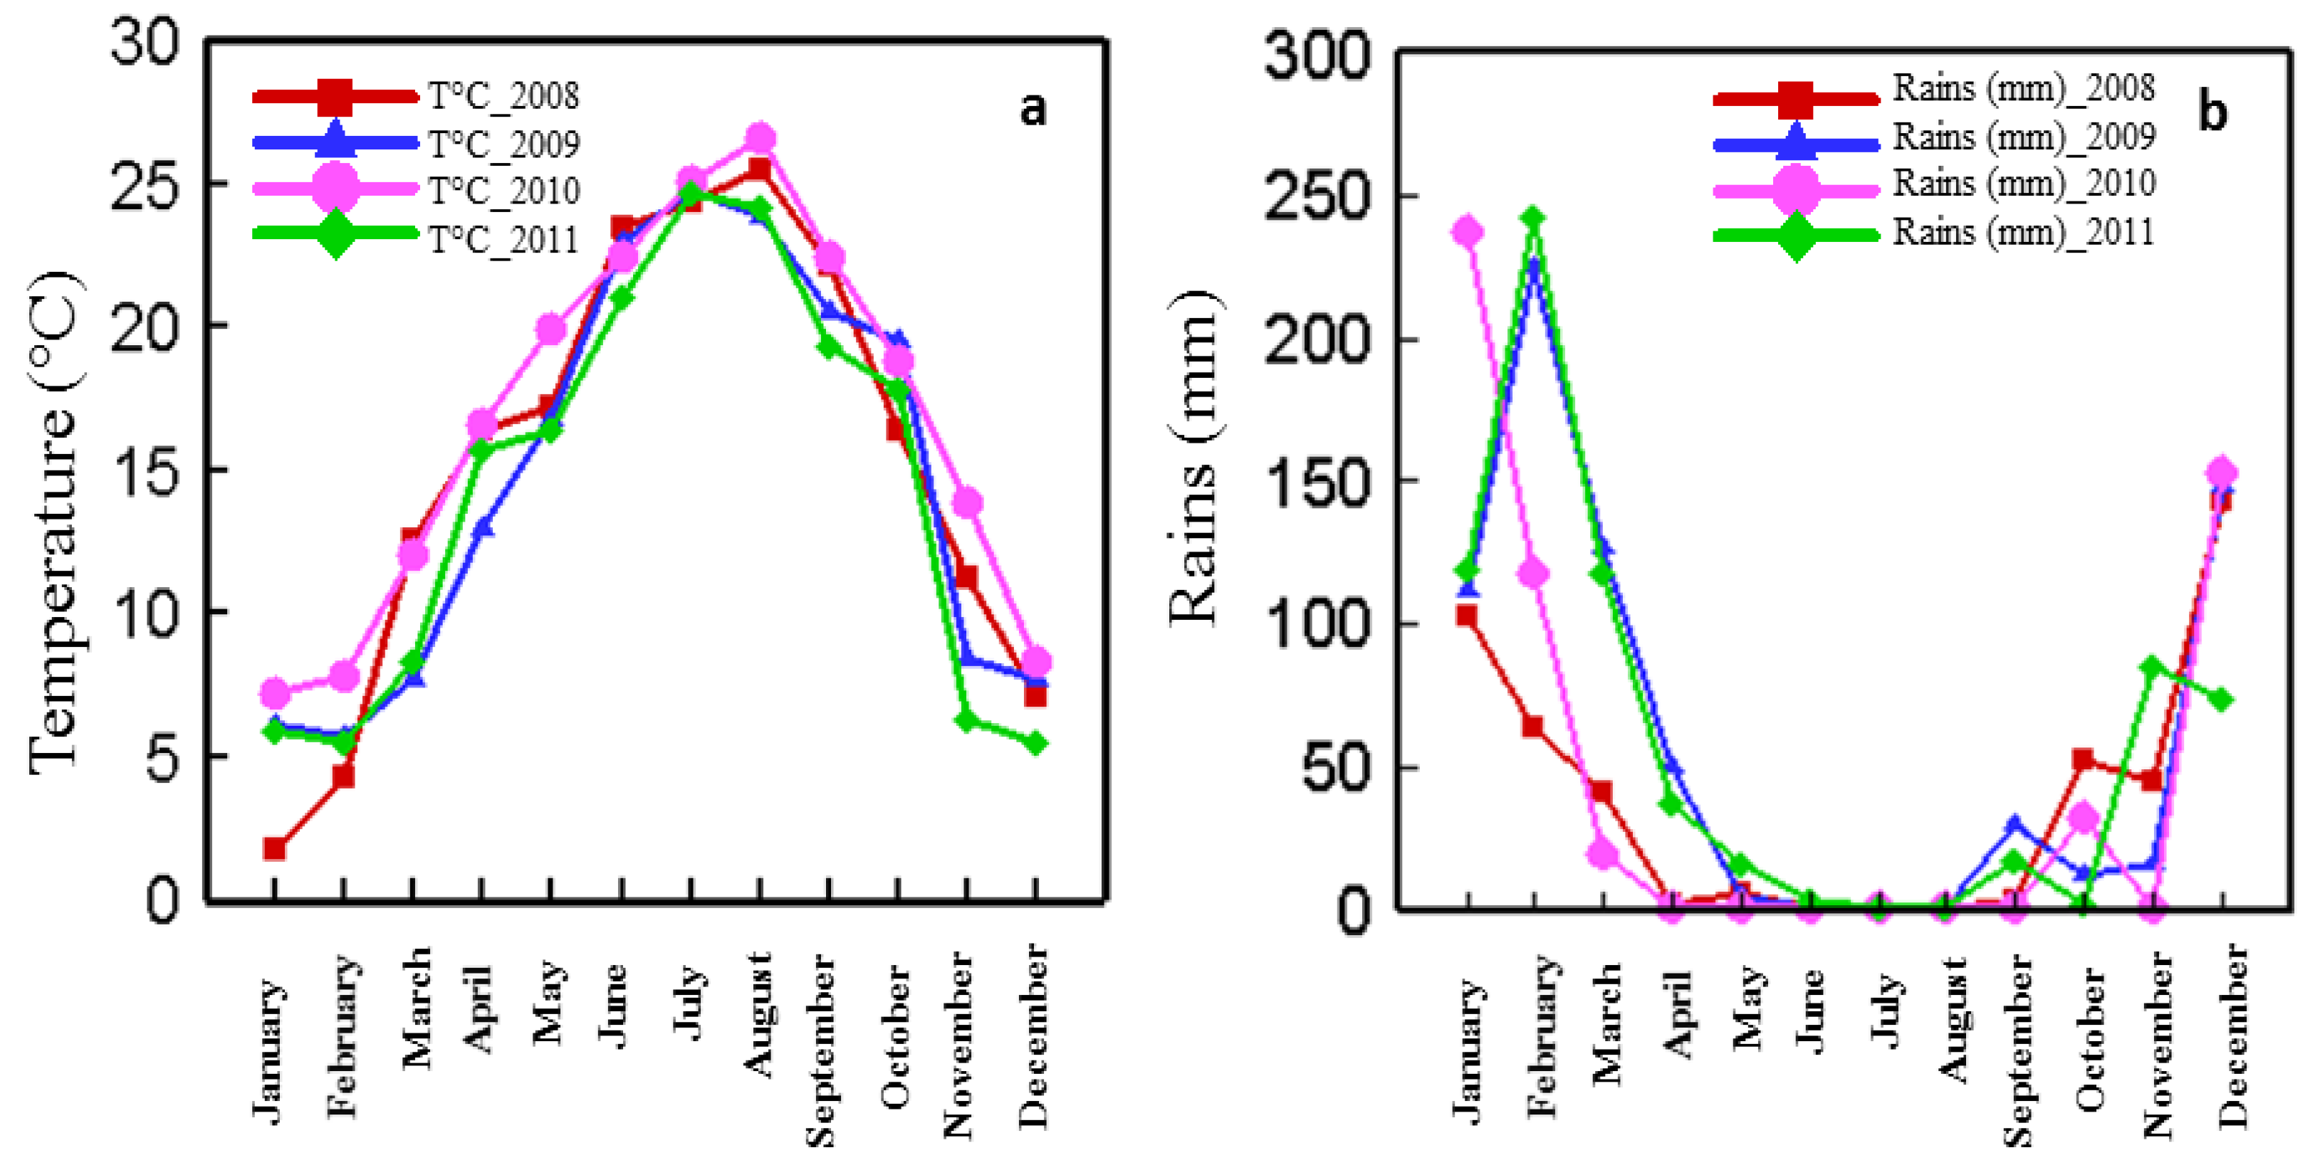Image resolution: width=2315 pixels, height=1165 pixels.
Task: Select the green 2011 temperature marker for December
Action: coord(1035,743)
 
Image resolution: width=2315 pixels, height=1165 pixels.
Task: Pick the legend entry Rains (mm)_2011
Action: coord(2023,233)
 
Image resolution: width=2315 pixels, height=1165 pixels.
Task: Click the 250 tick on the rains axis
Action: coord(1317,196)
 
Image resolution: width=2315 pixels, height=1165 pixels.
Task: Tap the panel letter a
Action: coord(1033,109)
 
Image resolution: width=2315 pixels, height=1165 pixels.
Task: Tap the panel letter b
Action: coord(2212,112)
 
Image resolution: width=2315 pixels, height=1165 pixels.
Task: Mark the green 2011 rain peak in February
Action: coord(1534,218)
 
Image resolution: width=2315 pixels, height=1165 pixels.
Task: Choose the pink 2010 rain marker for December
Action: coord(2222,473)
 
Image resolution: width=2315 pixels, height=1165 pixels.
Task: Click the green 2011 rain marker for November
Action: coord(2153,667)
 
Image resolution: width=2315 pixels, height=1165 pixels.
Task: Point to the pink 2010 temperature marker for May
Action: coord(551,330)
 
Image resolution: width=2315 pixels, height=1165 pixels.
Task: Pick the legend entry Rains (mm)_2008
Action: coord(2023,89)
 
